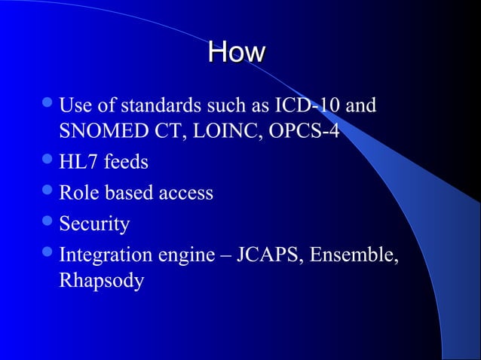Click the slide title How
(237, 53)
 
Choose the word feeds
(127, 162)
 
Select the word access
(185, 193)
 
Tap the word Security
(94, 224)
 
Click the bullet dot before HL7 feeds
(49, 162)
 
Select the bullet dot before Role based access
(49, 193)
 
